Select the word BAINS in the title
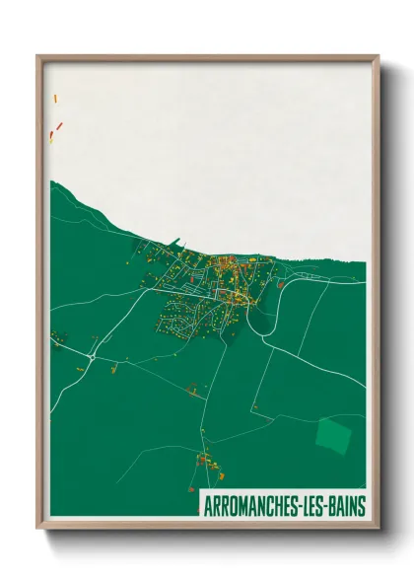(x=348, y=506)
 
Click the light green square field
(x=332, y=434)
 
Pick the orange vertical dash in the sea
(x=55, y=98)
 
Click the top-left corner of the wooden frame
(x=38, y=57)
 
